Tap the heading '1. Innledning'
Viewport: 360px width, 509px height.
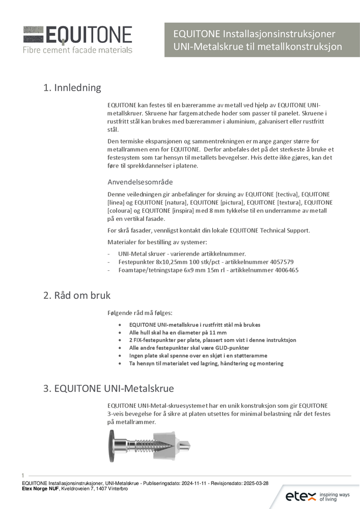72,88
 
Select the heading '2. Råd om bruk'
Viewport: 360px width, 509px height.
77,295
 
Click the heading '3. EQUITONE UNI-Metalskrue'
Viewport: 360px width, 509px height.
108,389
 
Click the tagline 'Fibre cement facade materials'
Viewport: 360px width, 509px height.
77,50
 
